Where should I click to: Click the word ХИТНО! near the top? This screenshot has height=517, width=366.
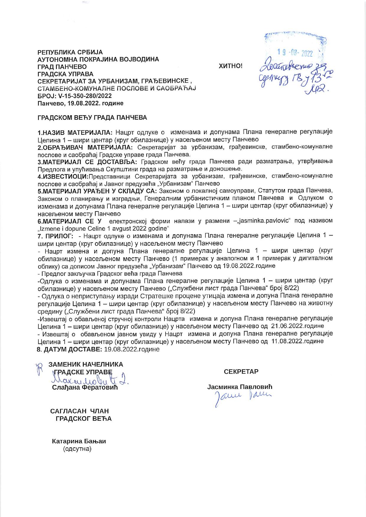point(230,66)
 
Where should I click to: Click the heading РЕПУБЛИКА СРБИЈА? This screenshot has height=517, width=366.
point(70,52)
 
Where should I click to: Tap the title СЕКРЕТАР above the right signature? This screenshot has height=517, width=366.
point(241,372)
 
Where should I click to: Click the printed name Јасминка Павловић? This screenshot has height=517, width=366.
point(240,387)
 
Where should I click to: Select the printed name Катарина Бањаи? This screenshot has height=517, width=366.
point(79,441)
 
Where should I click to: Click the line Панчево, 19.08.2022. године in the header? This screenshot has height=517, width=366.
point(81,103)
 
